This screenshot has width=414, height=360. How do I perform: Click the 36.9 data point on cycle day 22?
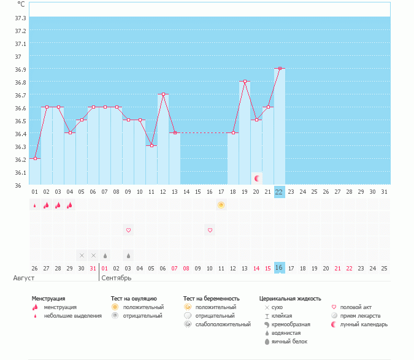click(280, 69)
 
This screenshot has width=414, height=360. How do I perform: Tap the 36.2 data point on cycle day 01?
click(35, 158)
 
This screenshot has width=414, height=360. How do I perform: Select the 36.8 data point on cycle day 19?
click(245, 82)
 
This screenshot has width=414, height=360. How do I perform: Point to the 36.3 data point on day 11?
click(151, 145)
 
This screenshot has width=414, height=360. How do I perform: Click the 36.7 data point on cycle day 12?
click(163, 94)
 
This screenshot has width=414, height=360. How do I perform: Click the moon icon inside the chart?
click(257, 178)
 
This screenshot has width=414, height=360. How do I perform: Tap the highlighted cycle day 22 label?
click(279, 192)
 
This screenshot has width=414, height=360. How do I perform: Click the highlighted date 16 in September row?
click(279, 268)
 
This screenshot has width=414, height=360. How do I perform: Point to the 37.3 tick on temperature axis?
click(20, 18)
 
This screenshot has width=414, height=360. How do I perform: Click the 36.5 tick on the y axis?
click(20, 121)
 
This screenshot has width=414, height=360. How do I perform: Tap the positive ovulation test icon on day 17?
click(221, 205)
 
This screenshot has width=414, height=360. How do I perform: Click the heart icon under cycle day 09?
click(128, 230)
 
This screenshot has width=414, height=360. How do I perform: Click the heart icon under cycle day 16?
click(210, 230)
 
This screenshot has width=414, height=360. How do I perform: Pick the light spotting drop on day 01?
click(34, 205)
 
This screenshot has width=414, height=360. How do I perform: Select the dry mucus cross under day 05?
click(82, 255)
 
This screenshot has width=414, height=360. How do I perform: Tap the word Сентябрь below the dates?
click(117, 278)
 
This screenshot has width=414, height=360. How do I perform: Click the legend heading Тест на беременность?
click(211, 299)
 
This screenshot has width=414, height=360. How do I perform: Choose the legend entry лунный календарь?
click(364, 324)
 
